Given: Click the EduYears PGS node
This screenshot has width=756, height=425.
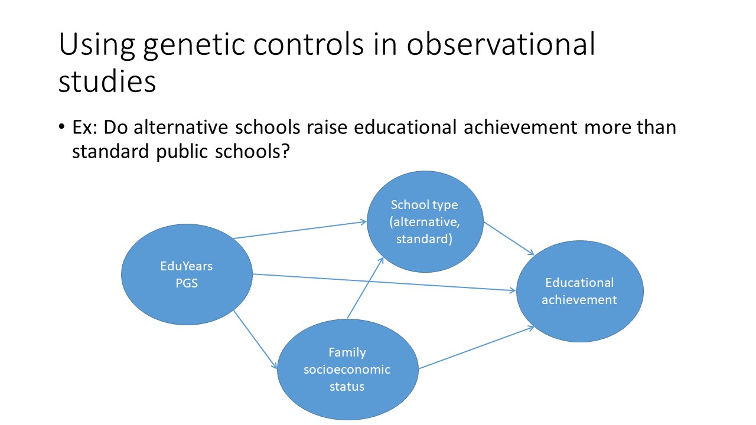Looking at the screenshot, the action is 187,274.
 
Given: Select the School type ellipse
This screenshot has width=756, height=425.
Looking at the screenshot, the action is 425,221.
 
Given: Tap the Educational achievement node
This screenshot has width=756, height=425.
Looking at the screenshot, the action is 580,291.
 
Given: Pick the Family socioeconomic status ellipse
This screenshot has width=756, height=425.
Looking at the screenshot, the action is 348,370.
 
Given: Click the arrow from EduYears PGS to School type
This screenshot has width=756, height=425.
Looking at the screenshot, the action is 299,230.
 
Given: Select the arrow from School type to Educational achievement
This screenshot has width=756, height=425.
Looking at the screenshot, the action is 509,238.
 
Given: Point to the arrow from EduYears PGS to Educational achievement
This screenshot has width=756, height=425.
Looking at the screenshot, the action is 384,282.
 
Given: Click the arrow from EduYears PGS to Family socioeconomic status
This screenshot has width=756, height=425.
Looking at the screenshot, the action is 255,339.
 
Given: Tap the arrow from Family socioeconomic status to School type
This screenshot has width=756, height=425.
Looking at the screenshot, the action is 365,287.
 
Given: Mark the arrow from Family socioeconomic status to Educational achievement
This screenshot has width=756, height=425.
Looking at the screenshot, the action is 476,348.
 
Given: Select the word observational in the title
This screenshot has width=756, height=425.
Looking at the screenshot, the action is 501,44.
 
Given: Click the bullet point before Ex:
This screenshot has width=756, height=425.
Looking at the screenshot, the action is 61,127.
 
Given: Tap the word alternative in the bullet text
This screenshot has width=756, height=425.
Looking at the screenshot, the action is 181,127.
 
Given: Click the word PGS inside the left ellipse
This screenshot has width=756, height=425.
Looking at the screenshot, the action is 187,283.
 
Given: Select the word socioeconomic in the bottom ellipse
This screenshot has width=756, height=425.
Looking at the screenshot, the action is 347,370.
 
